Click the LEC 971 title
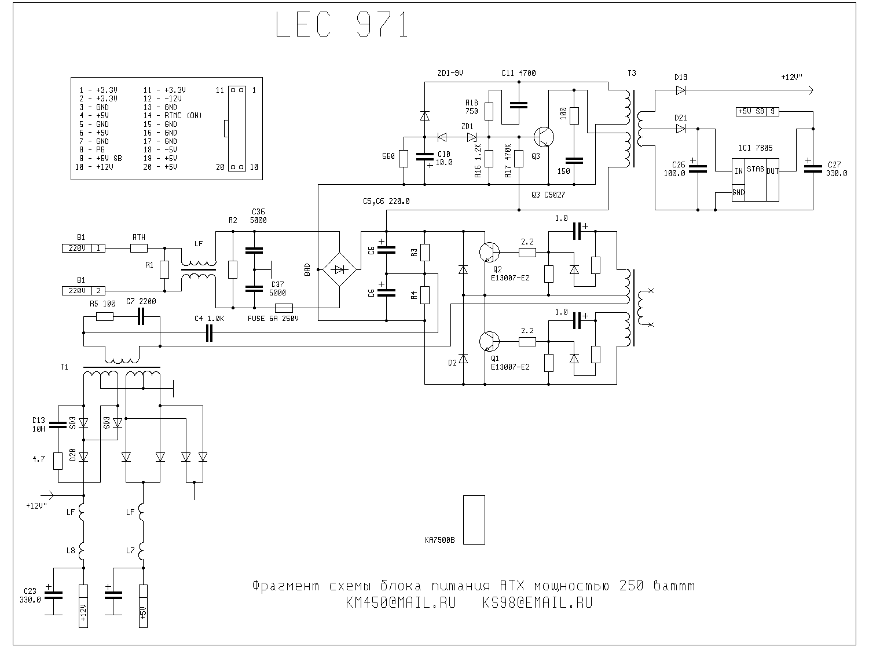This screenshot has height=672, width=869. coord(342,25)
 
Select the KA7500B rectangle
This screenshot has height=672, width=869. coord(474,520)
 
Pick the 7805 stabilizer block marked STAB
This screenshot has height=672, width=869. coord(755,180)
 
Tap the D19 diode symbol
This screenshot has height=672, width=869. coord(680,90)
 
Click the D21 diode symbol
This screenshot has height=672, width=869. coord(680,129)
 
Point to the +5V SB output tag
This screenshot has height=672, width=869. coord(757,111)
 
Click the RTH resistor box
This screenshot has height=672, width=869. coord(138,249)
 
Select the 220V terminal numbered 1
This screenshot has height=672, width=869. coord(83,249)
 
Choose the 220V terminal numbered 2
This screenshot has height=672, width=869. coord(83,291)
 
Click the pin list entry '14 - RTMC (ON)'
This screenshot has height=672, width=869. coord(173,116)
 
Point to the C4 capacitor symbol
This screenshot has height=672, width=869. coord(210,333)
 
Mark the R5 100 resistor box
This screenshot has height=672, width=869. coord(104,317)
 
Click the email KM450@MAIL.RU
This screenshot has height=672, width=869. coord(400,603)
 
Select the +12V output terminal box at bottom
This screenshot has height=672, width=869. coord(83,606)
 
